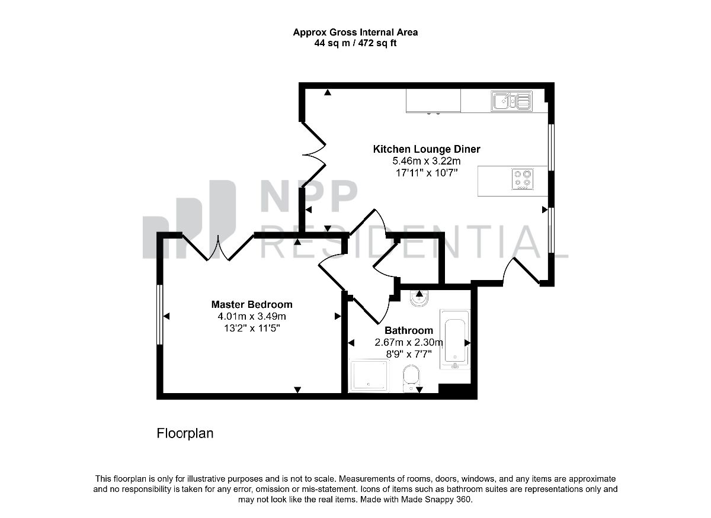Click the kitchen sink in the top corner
click(x=511, y=101)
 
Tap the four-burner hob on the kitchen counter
click(x=523, y=179)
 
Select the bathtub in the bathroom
click(x=454, y=339)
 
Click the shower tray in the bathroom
click(x=369, y=375)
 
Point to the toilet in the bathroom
click(x=411, y=378)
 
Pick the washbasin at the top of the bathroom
click(x=419, y=298)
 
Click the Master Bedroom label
click(x=252, y=304)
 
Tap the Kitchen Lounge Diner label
click(x=426, y=149)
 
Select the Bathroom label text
click(x=409, y=330)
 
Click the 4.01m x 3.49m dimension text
click(x=252, y=316)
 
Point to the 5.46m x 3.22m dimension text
click(x=426, y=161)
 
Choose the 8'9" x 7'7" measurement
click(x=409, y=354)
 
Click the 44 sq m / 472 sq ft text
click(x=355, y=43)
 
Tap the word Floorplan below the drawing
click(x=185, y=433)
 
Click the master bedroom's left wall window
click(x=159, y=314)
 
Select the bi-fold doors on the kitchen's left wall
click(x=313, y=155)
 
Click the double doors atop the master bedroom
click(x=218, y=247)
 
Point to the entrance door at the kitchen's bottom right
click(x=521, y=271)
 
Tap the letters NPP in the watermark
click(x=309, y=196)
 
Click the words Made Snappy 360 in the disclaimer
click(x=436, y=500)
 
